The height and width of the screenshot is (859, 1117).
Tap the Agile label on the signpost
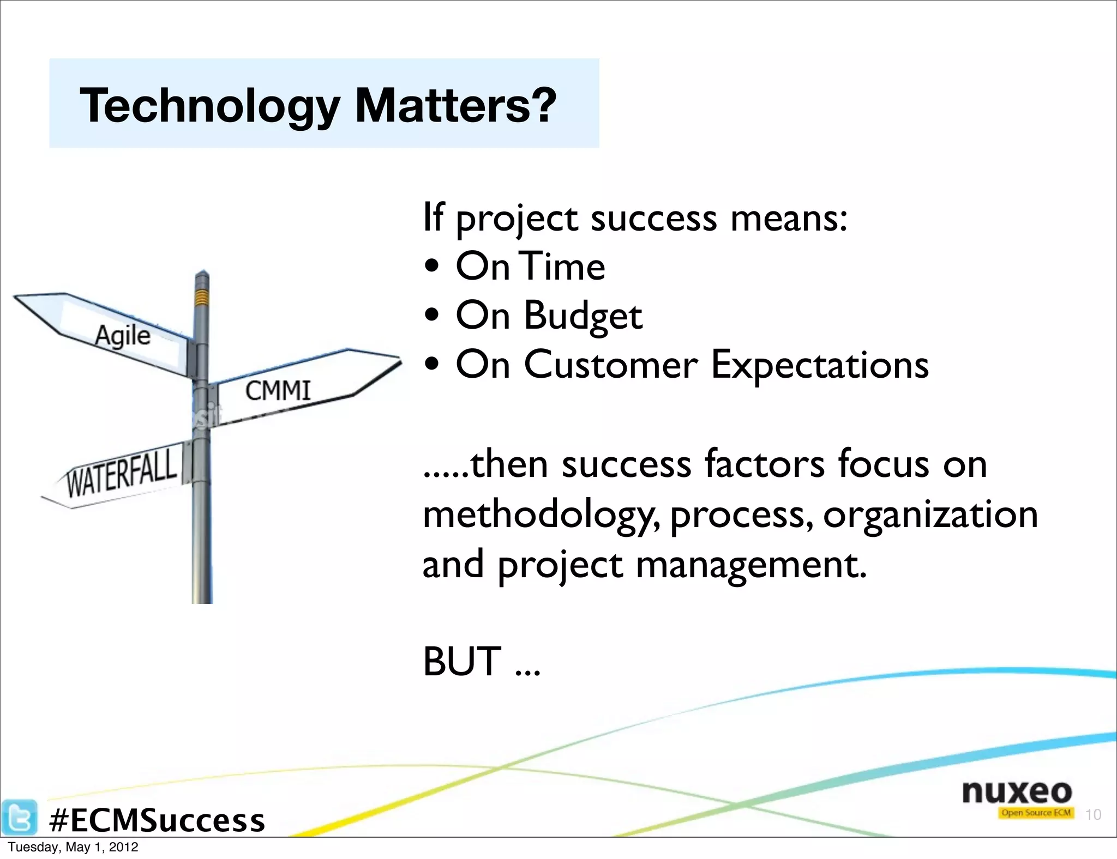[123, 335]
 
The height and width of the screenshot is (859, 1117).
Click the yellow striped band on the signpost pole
[202, 297]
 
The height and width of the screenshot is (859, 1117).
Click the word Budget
[583, 316]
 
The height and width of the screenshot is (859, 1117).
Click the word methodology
[540, 515]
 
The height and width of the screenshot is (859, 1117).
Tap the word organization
[930, 515]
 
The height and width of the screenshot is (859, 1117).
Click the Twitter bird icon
[19, 817]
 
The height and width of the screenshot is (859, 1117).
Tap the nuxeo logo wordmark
[1017, 791]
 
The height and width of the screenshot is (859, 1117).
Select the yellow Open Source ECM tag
[1036, 813]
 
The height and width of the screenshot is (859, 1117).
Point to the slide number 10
[1093, 815]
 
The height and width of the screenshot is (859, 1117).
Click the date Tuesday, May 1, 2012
[73, 848]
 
